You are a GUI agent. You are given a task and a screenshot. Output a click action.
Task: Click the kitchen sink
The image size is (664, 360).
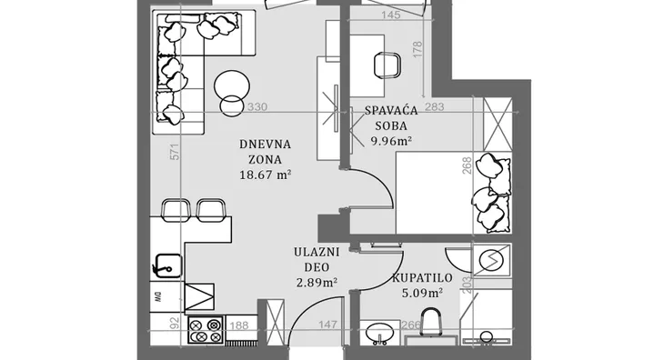[x=167, y=265]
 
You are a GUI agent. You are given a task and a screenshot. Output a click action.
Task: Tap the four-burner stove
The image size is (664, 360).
[x=206, y=331]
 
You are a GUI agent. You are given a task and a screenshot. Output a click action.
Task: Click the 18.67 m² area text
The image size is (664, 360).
[x=265, y=175]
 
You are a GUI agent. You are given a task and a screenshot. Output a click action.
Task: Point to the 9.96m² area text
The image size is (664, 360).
[x=391, y=141]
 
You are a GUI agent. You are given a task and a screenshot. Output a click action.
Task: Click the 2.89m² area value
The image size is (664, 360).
[x=317, y=283]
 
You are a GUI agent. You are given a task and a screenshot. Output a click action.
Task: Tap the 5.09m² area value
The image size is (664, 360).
[x=422, y=293]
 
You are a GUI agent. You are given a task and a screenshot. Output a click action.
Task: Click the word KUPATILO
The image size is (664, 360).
[x=422, y=278]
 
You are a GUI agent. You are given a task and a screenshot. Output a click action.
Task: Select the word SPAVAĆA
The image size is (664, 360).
[x=391, y=110]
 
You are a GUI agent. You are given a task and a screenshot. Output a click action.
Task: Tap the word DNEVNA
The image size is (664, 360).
[x=265, y=145]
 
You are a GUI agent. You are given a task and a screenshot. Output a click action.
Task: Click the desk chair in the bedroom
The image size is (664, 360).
[x=387, y=65]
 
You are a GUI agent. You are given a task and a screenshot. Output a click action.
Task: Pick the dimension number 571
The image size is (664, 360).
[x=175, y=152]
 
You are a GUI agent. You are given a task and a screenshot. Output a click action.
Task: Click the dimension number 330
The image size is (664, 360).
[x=257, y=107]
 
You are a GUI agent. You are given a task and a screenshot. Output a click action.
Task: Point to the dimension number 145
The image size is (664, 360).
[x=390, y=15]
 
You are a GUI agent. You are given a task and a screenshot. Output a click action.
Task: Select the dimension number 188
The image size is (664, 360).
[x=239, y=325]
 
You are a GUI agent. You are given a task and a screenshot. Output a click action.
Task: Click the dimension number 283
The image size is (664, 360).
[x=435, y=106]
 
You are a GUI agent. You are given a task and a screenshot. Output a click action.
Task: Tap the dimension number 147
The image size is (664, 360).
[x=327, y=325]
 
